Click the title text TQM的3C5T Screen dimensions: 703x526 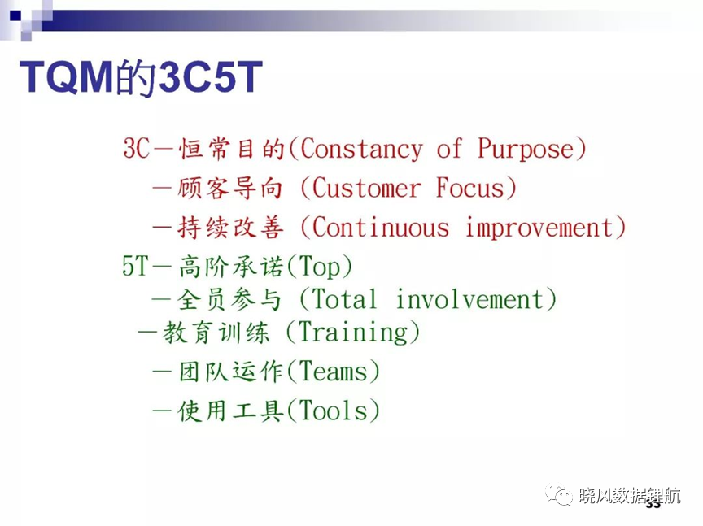point(141,77)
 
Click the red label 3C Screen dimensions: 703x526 point(137,148)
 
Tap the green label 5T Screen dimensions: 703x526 point(135,266)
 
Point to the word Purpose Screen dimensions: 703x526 point(526,149)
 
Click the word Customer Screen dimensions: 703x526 point(366,188)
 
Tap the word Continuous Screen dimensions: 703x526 point(381,227)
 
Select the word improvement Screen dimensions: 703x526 point(539,228)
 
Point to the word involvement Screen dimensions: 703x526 point(470,299)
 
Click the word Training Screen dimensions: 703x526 point(353,333)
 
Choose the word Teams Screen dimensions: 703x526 point(333,372)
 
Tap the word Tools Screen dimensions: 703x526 point(333,411)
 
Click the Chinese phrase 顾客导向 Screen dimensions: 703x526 point(230,188)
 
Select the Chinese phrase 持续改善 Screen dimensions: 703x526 point(230,228)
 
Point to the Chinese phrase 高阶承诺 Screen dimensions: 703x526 point(231,267)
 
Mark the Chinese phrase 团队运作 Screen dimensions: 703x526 point(231,372)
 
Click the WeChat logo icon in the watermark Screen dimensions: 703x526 point(559,496)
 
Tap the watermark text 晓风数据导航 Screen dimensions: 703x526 point(630,496)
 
